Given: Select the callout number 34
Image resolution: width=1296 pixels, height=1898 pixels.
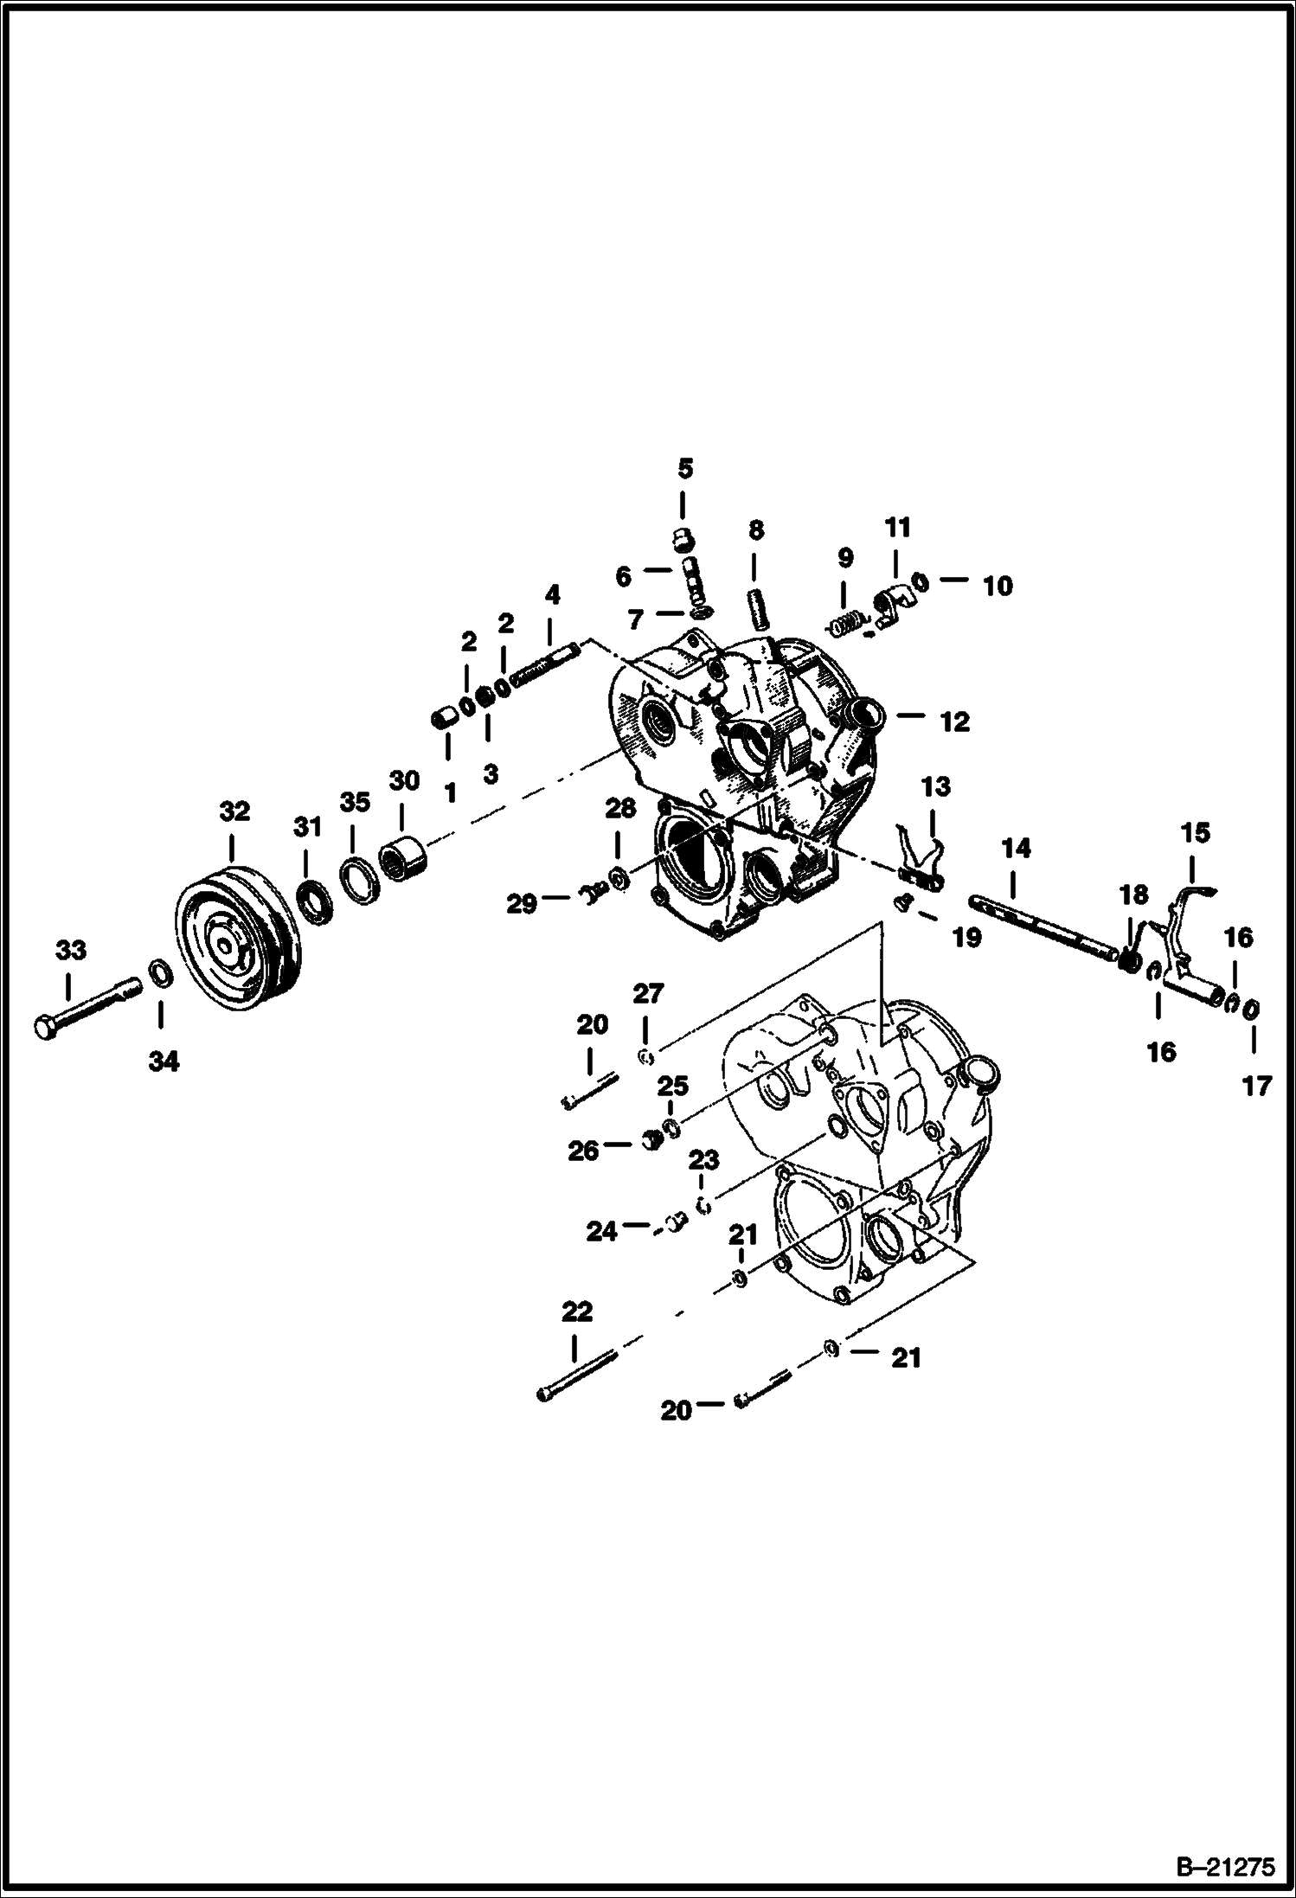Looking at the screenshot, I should [164, 1061].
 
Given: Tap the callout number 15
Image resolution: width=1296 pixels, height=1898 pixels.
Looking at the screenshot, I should [1196, 834].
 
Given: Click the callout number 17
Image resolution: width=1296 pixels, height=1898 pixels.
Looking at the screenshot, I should [1256, 1085].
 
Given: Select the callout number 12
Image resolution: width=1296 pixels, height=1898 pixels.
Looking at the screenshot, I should [955, 721].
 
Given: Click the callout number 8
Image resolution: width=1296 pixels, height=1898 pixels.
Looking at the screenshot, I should [756, 530].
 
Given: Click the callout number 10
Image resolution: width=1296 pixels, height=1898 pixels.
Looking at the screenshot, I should [998, 586].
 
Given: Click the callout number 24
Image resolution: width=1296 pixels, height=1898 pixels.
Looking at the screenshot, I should [602, 1230].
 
